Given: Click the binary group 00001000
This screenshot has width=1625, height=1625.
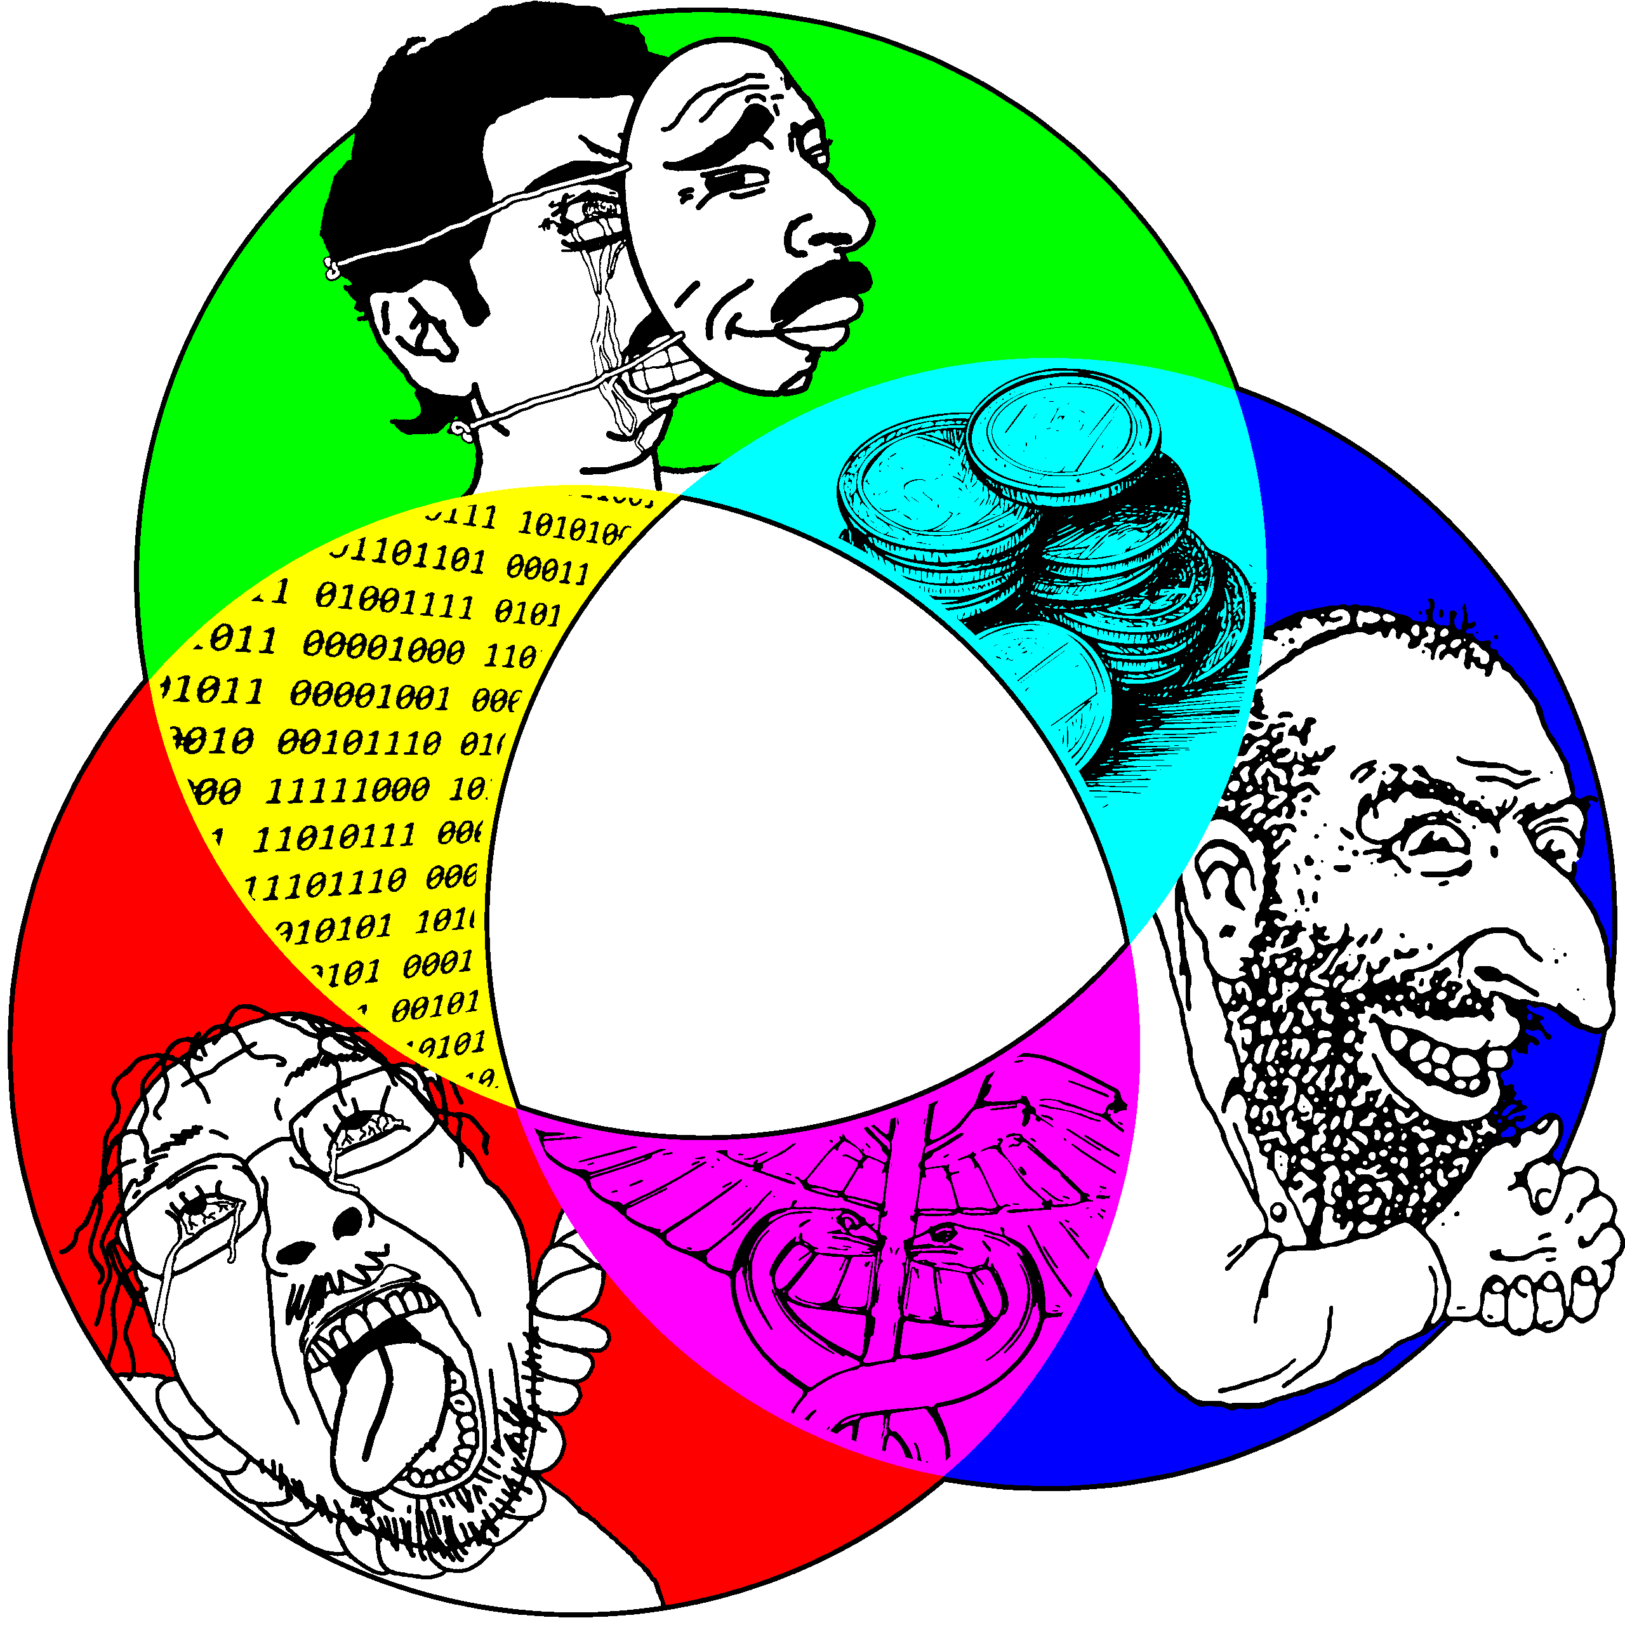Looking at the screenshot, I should pyautogui.click(x=383, y=647).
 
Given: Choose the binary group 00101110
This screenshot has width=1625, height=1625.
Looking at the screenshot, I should pyautogui.click(x=359, y=743).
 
